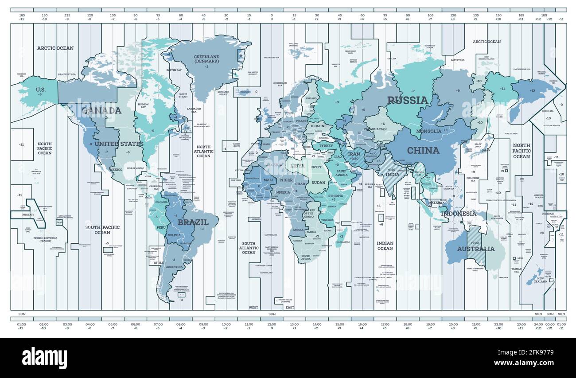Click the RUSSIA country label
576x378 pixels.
pyautogui.click(x=408, y=100)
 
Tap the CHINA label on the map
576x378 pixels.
pyautogui.click(x=423, y=151)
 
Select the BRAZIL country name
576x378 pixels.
pyautogui.click(x=193, y=222)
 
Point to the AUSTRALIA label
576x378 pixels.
pyautogui.click(x=476, y=249)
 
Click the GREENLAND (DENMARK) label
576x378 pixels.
pyautogui.click(x=206, y=59)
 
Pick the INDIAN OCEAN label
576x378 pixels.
pyautogui.click(x=385, y=246)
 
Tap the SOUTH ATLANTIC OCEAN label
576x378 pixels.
pyautogui.click(x=249, y=248)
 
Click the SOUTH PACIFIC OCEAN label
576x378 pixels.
pyautogui.click(x=102, y=230)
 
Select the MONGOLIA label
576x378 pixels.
pyautogui.click(x=428, y=131)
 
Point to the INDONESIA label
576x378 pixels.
pyautogui.click(x=458, y=214)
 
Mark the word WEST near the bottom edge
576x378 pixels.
pyautogui.click(x=253, y=307)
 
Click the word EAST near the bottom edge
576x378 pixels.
pyautogui.click(x=290, y=307)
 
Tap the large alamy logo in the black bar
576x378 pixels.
pyautogui.click(x=44, y=358)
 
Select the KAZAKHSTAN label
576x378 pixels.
pyautogui.click(x=375, y=129)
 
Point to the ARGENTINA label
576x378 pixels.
pyautogui.click(x=174, y=267)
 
